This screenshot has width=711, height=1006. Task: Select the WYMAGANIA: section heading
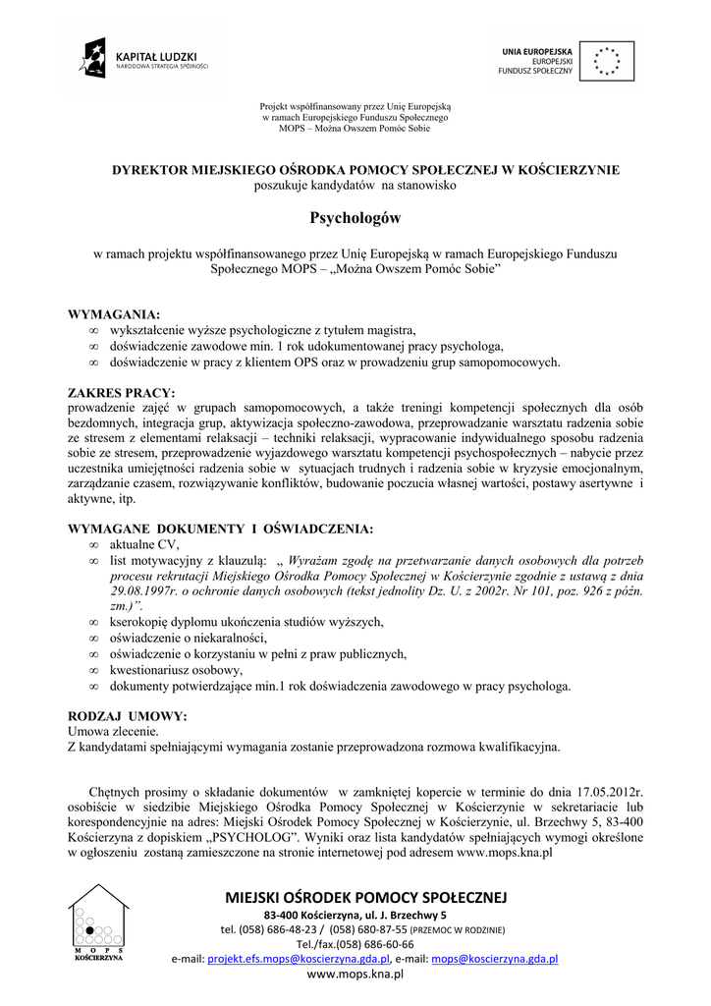pos(114,314)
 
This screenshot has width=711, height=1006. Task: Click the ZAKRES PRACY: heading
pos(121,393)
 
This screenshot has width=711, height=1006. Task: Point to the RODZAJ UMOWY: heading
pos(127,715)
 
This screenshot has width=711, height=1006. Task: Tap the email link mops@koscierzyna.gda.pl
pos(494,958)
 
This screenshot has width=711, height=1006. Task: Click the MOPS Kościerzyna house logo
pos(98,922)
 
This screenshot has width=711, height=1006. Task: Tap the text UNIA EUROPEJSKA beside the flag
pos(537,49)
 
